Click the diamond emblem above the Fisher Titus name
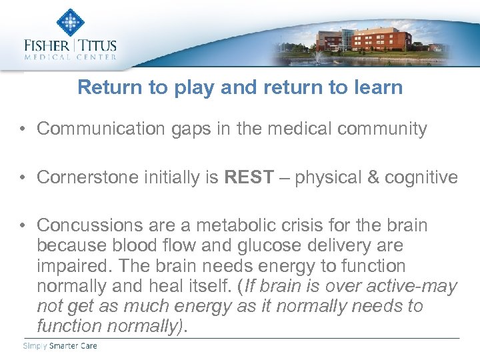(x=71, y=22)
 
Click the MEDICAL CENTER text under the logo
(x=71, y=58)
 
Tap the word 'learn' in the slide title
(x=375, y=87)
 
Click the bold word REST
(x=249, y=177)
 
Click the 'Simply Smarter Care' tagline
(x=59, y=345)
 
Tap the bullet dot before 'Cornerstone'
(x=24, y=178)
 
